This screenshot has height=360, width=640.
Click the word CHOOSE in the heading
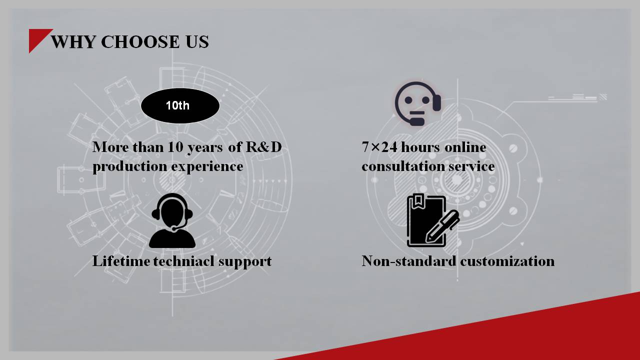coord(140,41)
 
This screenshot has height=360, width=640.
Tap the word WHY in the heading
coord(73,41)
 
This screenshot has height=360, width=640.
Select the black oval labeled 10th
coord(180,105)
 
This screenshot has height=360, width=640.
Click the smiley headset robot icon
coord(418,103)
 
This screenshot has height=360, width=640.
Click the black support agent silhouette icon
coord(172,220)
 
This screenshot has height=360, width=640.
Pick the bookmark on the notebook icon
coord(418,199)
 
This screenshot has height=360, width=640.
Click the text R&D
coord(263,147)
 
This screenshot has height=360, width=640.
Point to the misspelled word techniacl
coord(183,261)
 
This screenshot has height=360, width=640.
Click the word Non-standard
coord(409,261)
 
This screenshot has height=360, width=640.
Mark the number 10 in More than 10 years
coord(175,147)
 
